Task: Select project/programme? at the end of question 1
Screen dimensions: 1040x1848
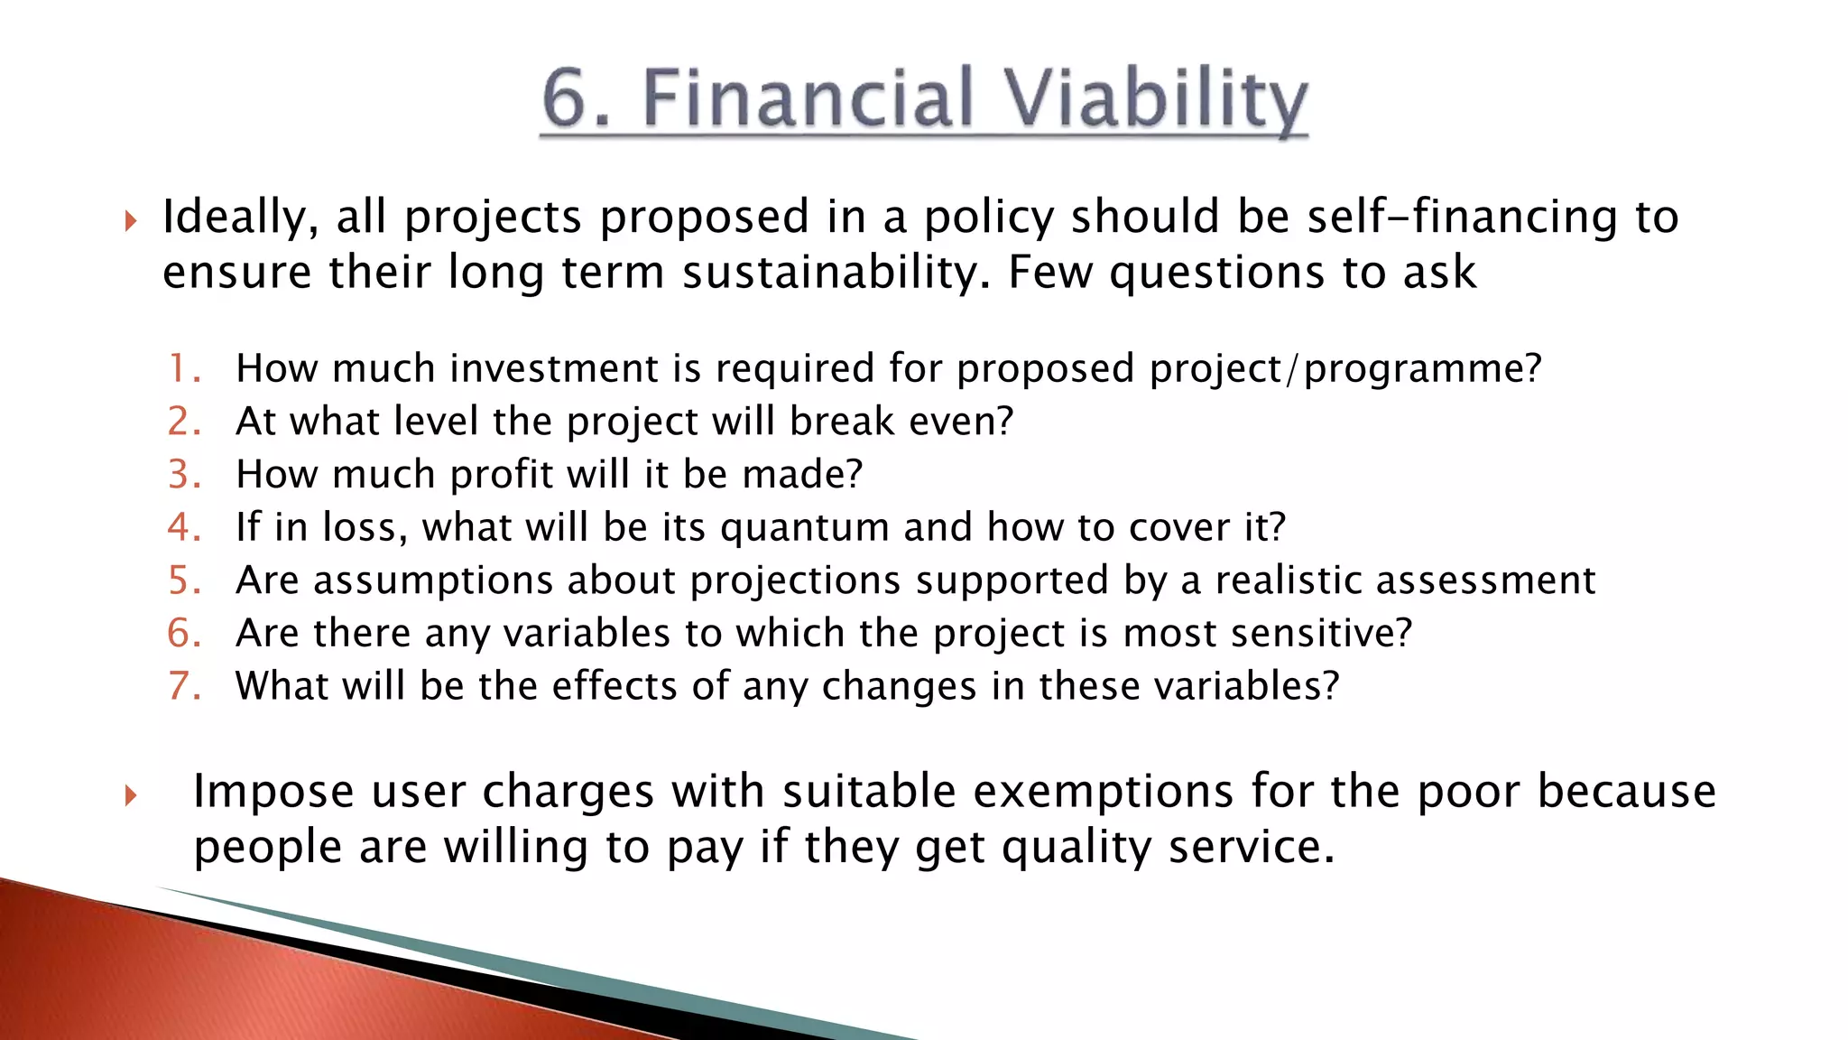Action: click(x=1345, y=368)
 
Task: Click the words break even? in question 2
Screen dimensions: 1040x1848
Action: click(x=901, y=422)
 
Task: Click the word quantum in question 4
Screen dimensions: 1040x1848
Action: click(x=805, y=528)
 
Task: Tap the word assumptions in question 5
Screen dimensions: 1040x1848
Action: click(x=432, y=580)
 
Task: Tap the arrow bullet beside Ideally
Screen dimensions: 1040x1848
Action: click(x=131, y=220)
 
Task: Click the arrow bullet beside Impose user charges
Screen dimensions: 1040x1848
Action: click(x=131, y=795)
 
